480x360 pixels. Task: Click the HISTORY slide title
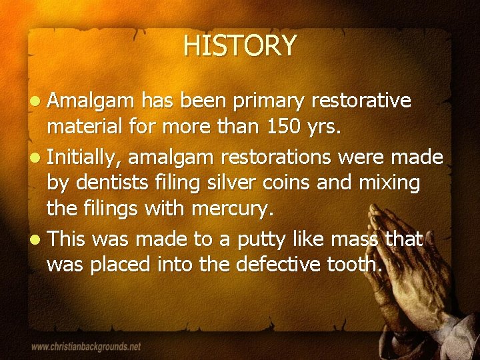pos(240,46)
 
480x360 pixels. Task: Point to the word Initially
pos(85,157)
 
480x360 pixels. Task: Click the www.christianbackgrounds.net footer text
pos(86,347)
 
